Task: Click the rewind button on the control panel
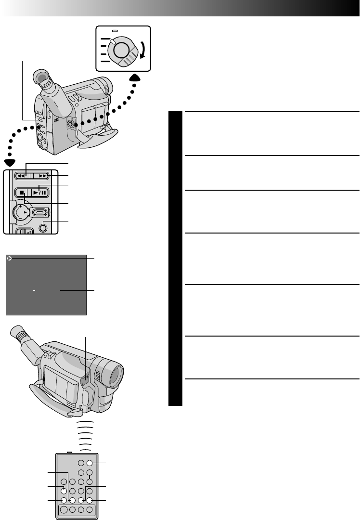(22, 176)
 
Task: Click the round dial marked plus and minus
(21, 212)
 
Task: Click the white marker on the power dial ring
(113, 42)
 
